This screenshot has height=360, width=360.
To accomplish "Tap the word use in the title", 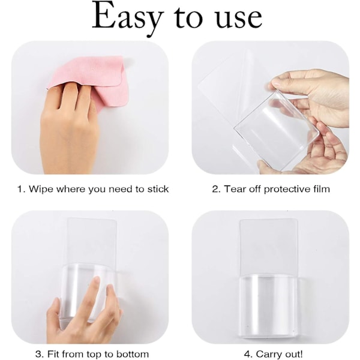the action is point(239,20).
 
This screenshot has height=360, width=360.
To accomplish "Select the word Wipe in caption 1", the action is point(41,189).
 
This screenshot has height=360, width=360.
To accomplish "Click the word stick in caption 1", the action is point(158,189).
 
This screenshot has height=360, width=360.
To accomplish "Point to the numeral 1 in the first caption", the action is point(20,189).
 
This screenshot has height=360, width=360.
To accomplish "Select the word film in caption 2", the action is point(322,189).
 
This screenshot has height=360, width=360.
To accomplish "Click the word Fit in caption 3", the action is point(53,354).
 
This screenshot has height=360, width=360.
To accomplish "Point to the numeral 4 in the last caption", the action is point(247,354).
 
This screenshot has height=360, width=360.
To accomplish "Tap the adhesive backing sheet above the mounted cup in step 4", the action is point(268,247).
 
